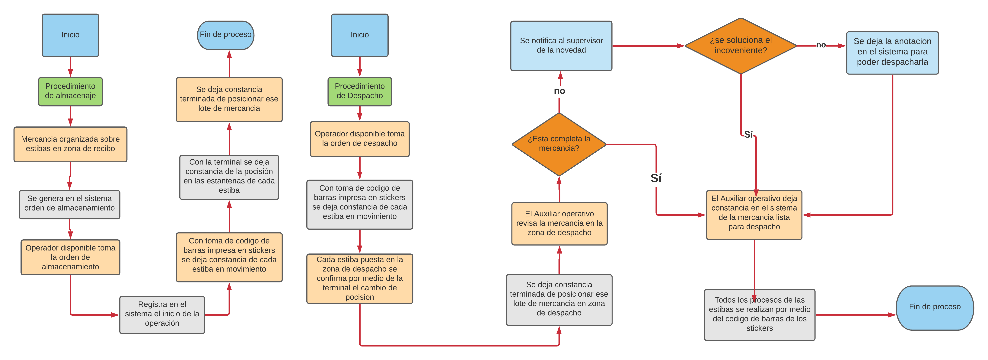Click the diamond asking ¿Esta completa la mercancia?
pos(559,144)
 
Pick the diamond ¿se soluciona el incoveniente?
pos(741,46)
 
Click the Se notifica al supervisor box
pos(561,46)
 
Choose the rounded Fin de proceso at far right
pos(935,307)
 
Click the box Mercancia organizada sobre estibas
pos(70,144)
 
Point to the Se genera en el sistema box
pos(69,204)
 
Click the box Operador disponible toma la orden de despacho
pos(359,139)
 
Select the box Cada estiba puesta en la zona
pos(359,278)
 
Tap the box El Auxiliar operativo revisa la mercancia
pos(559,224)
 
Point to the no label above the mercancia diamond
pos(559,91)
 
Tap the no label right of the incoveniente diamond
pos(821,45)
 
